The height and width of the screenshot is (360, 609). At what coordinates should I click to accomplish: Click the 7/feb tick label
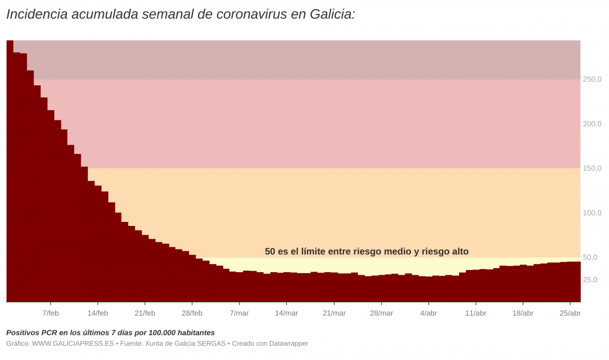[50, 313]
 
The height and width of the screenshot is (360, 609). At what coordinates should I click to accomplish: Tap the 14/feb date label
[98, 313]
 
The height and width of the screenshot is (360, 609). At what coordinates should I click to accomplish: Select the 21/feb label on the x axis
[145, 313]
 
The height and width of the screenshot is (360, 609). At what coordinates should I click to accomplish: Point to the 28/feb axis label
[192, 313]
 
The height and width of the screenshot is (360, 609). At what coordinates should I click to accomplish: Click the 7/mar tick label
[239, 313]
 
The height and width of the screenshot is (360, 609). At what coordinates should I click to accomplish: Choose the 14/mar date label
[286, 313]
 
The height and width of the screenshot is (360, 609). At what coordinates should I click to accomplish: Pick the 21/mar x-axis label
[334, 313]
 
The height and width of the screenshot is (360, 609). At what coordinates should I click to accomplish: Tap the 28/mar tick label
[381, 313]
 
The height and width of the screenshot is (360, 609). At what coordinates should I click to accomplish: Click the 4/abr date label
[428, 313]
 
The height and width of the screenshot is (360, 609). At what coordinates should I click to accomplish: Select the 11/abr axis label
[475, 313]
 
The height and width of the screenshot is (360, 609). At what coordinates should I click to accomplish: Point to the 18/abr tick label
[523, 313]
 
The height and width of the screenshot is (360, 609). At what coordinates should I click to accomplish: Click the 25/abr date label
[570, 313]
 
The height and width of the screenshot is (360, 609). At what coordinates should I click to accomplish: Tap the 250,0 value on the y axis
[592, 79]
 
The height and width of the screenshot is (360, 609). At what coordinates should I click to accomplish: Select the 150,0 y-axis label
[592, 168]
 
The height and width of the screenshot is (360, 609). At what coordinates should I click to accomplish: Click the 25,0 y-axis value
[590, 280]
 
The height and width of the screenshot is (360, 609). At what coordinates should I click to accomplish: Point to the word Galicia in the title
[331, 14]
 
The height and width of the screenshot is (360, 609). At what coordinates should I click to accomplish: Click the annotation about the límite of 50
[366, 251]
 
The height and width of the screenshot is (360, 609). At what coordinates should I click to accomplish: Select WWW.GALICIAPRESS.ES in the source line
[73, 344]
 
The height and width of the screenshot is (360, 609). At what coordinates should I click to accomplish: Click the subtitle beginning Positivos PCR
[110, 333]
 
